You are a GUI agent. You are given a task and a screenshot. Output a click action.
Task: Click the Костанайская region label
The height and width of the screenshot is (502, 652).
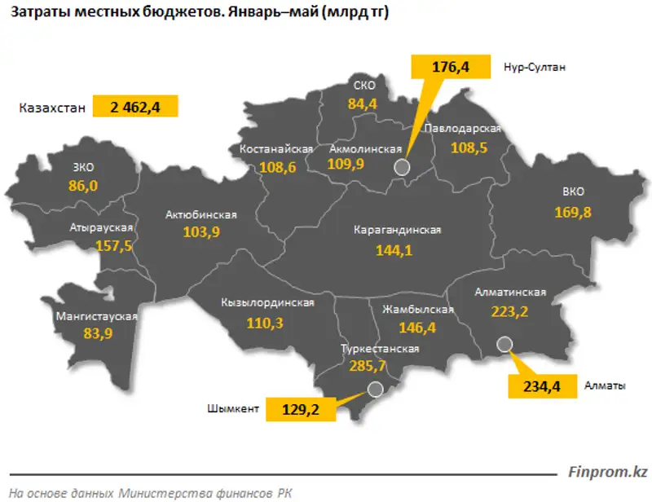click(x=277, y=150)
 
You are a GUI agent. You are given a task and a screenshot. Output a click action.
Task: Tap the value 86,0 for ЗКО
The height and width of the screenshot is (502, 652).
click(x=83, y=186)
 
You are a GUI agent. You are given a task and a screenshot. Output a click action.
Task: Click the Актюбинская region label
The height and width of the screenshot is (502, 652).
click(x=200, y=215)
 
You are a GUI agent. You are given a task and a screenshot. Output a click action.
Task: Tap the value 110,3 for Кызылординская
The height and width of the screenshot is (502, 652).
click(x=266, y=324)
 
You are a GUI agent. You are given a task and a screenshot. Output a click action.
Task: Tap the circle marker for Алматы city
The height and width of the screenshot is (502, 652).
click(x=504, y=343)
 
